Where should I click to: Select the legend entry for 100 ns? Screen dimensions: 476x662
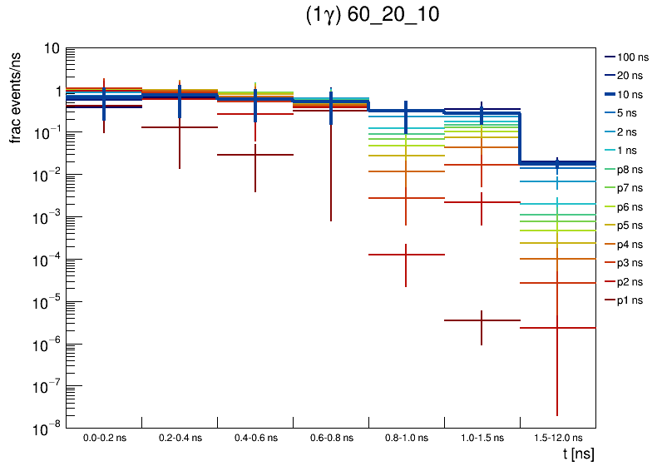click(x=631, y=57)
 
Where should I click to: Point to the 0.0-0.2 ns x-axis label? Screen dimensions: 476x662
click(x=104, y=438)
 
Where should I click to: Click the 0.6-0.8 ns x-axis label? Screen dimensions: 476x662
click(x=331, y=438)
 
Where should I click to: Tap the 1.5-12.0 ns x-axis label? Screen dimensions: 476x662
click(x=557, y=438)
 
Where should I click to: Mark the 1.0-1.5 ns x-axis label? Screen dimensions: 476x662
click(x=482, y=438)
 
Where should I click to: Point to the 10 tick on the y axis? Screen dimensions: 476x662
click(x=50, y=49)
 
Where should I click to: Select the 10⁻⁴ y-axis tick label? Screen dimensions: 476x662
click(x=47, y=260)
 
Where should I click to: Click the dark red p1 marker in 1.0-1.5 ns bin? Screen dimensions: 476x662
click(x=482, y=320)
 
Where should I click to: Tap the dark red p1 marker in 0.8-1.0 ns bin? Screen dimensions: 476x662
click(x=406, y=255)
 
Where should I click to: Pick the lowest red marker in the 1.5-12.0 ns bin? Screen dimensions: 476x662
click(x=557, y=328)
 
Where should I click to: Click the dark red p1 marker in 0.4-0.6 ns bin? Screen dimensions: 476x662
click(x=255, y=155)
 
